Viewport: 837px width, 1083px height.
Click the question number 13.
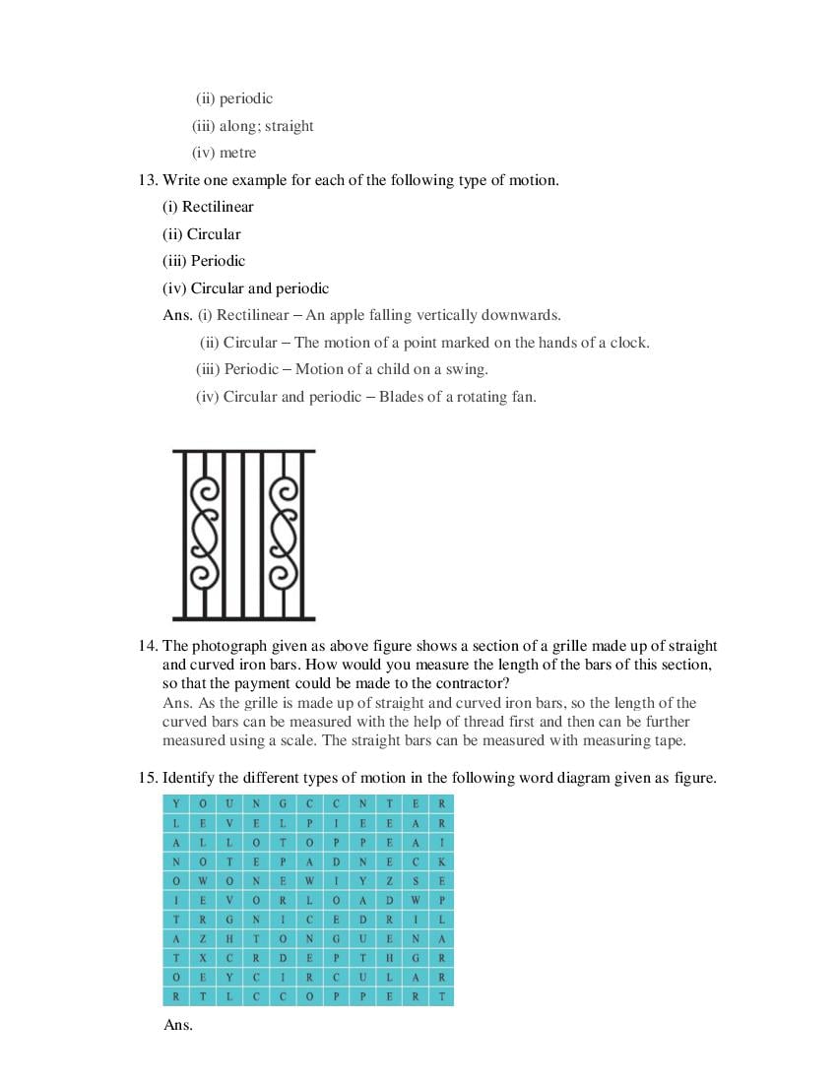click(x=148, y=180)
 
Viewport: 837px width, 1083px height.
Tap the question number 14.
click(x=148, y=646)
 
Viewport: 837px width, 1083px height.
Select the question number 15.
click(x=148, y=778)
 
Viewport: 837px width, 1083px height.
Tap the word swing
click(x=468, y=369)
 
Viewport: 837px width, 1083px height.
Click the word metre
click(x=237, y=153)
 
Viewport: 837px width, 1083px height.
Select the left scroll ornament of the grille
click(x=203, y=535)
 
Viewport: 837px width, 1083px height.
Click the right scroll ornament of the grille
click(x=283, y=535)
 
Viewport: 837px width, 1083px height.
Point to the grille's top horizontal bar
click(x=243, y=451)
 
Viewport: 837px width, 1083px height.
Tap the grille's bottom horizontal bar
click(x=243, y=618)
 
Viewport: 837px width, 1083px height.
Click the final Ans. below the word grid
click(x=178, y=1025)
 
